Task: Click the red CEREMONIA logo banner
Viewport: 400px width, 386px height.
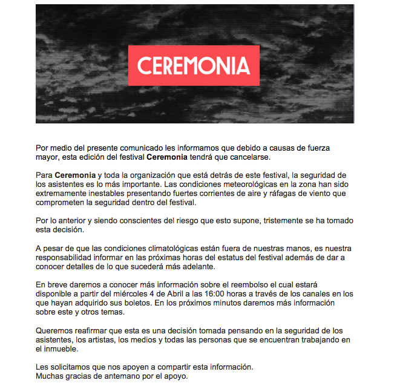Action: click(x=194, y=65)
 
